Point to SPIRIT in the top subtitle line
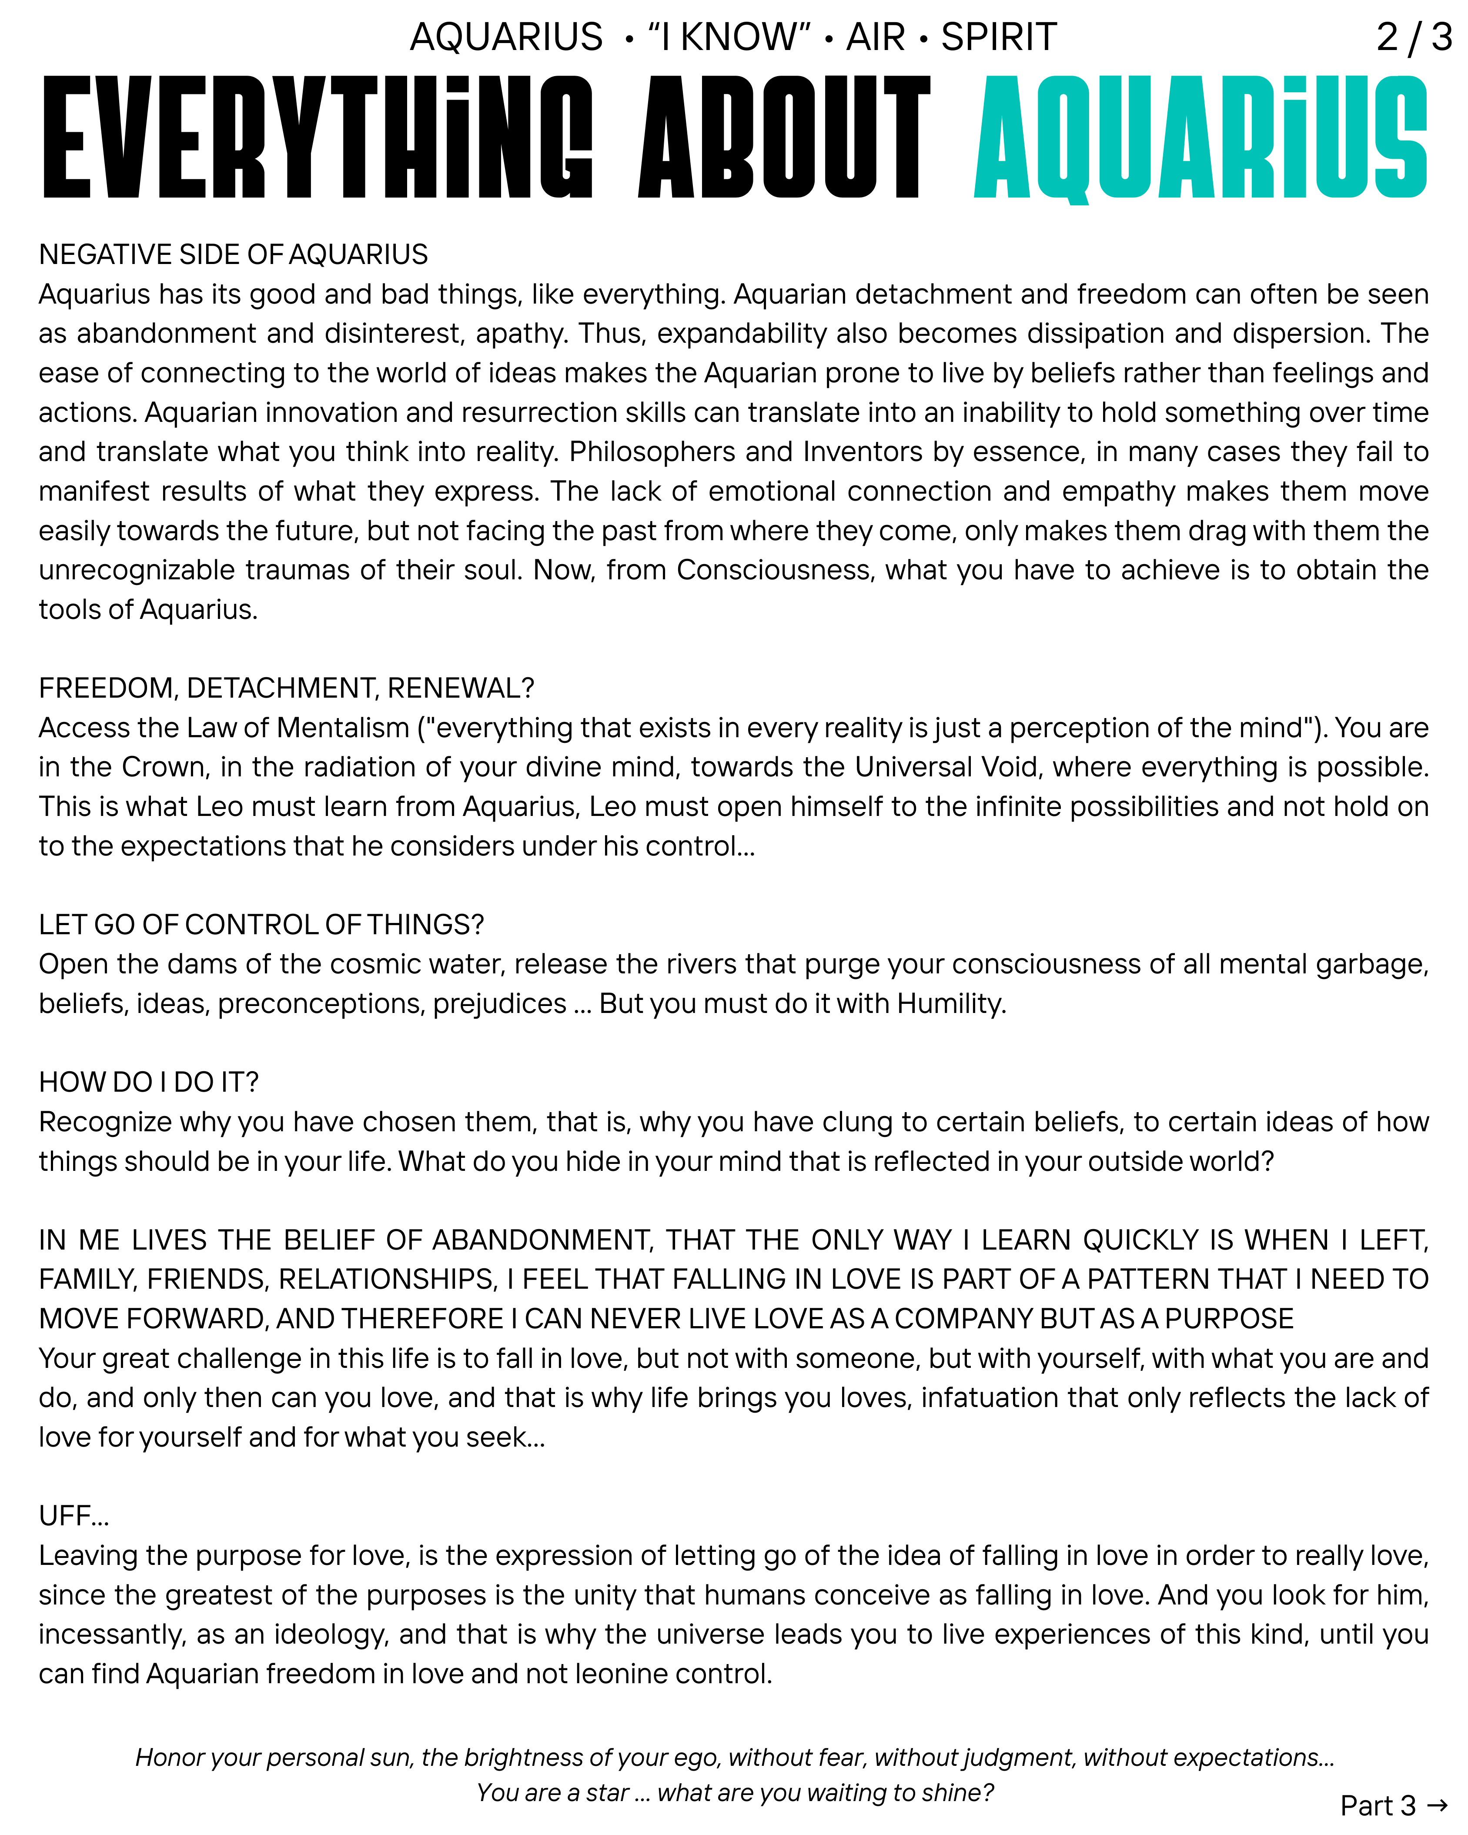[998, 37]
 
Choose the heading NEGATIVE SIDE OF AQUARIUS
[233, 254]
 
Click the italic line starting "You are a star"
[734, 1792]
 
